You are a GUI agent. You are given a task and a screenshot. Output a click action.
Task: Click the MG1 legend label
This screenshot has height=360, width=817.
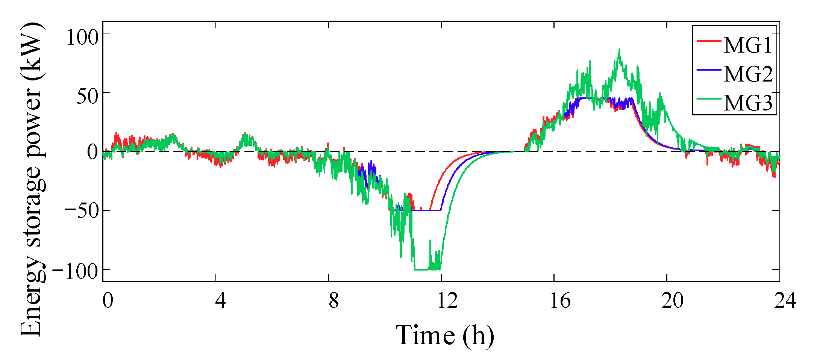pyautogui.click(x=748, y=45)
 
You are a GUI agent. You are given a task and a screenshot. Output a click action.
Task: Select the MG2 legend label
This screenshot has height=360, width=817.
pyautogui.click(x=748, y=74)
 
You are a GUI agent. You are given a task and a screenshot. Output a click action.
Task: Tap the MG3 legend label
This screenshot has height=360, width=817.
pyautogui.click(x=748, y=103)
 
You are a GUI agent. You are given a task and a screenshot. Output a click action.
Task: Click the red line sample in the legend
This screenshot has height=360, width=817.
pyautogui.click(x=709, y=40)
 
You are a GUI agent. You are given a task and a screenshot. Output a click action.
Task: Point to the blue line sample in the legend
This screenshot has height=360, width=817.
pyautogui.click(x=709, y=70)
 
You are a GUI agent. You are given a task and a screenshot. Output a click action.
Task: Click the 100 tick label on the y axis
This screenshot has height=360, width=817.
pyautogui.click(x=82, y=38)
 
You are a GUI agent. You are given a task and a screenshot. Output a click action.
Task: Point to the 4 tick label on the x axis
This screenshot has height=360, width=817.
pyautogui.click(x=221, y=301)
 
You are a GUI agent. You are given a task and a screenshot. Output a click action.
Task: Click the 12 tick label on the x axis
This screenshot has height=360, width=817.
pyautogui.click(x=447, y=301)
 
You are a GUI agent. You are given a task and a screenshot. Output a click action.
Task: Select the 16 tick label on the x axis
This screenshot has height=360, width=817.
pyautogui.click(x=560, y=301)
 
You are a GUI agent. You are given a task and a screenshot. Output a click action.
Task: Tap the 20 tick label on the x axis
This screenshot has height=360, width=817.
pyautogui.click(x=673, y=301)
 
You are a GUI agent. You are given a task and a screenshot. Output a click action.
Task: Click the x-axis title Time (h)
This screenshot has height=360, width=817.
pyautogui.click(x=445, y=335)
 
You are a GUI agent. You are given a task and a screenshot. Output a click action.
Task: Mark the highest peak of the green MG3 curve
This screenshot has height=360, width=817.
pyautogui.click(x=619, y=50)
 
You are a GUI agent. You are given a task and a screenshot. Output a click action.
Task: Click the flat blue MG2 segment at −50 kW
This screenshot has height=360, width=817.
pyautogui.click(x=427, y=210)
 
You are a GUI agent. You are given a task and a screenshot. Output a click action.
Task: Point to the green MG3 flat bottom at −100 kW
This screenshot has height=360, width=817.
pyautogui.click(x=421, y=269)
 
